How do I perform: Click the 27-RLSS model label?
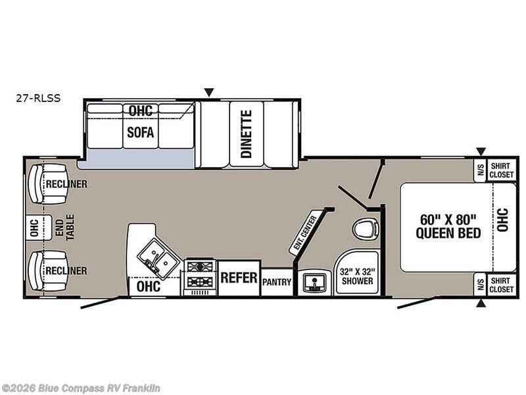(x=38, y=98)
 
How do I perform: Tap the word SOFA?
(x=141, y=132)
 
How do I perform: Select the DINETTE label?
(x=247, y=134)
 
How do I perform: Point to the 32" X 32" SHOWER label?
(x=357, y=276)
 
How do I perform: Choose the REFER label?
(x=239, y=278)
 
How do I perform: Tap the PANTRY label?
(x=277, y=282)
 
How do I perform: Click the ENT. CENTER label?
(x=303, y=233)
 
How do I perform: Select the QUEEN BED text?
(x=448, y=233)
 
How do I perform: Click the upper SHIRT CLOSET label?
(x=501, y=171)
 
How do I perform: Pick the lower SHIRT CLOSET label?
(x=501, y=285)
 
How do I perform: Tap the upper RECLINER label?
(x=66, y=184)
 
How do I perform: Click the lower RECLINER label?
(x=66, y=271)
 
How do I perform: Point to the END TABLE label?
(x=64, y=228)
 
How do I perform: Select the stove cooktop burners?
(x=200, y=275)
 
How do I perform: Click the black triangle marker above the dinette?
(x=209, y=92)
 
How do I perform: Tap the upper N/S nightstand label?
(x=481, y=170)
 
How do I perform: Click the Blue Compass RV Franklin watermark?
(x=80, y=388)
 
